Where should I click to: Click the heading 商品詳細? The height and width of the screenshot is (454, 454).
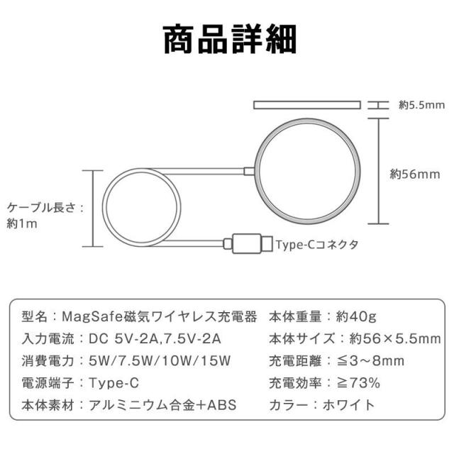(230, 40)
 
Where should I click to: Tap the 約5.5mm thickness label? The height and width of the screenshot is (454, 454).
(421, 105)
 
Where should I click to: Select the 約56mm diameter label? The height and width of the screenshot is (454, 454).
(414, 174)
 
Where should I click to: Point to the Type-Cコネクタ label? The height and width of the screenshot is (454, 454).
(317, 245)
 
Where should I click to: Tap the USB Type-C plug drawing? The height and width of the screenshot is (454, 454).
(248, 243)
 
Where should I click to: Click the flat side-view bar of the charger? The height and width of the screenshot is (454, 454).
(307, 105)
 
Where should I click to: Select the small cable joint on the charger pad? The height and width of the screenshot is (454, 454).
(249, 171)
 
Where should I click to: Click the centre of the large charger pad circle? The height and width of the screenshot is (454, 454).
(307, 171)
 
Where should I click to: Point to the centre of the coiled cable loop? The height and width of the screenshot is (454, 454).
(142, 207)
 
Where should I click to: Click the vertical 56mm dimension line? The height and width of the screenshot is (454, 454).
(378, 171)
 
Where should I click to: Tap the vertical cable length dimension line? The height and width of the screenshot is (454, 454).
(93, 209)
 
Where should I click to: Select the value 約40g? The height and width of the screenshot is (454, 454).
(356, 317)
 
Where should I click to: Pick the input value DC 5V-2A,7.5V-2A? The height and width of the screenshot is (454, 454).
(155, 339)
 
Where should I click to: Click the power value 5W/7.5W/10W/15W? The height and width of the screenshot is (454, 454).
(160, 361)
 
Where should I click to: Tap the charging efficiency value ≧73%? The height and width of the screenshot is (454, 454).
(358, 383)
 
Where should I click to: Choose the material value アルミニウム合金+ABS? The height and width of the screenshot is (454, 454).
(162, 405)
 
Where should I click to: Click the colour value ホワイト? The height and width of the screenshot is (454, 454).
(348, 405)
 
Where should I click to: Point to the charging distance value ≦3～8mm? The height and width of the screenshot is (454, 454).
(370, 361)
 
